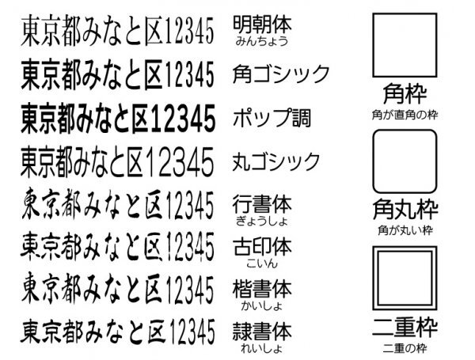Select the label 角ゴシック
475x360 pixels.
click(x=281, y=74)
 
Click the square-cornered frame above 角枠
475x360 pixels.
click(x=404, y=44)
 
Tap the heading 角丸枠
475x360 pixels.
click(x=404, y=212)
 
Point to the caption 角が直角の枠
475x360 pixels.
click(x=404, y=113)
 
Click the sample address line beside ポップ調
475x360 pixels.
click(x=117, y=119)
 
